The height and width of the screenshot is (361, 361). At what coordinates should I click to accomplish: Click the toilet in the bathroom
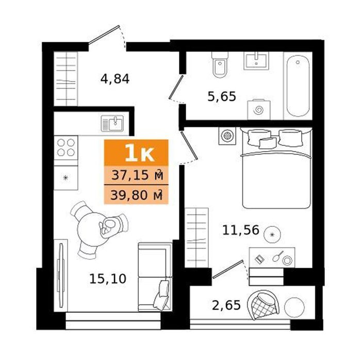pos(220,64)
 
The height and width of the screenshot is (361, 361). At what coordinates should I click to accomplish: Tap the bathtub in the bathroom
pos(298,86)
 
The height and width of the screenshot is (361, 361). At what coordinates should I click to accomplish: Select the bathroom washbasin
pos(256,61)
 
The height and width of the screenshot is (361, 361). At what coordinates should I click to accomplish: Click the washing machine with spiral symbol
pos(258,109)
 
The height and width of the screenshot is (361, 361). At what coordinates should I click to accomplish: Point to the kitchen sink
pos(112,123)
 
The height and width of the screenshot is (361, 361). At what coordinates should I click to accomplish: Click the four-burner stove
pos(66,147)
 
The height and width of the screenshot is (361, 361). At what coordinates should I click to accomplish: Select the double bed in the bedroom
pos(276,168)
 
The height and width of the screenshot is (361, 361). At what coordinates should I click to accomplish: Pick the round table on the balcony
pos(294,307)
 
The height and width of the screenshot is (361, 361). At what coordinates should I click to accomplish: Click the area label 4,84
pos(115,79)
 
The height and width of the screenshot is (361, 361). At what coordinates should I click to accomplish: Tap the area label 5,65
pos(222,96)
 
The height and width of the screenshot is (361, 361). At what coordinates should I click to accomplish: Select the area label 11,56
pos(241,230)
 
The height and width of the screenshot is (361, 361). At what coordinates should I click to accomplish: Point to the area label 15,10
pos(108,278)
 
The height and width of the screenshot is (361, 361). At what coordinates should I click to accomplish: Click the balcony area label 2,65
pos(226,305)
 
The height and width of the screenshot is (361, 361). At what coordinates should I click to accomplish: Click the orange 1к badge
pos(136,153)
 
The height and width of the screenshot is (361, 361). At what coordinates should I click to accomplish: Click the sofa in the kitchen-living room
pos(155,277)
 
